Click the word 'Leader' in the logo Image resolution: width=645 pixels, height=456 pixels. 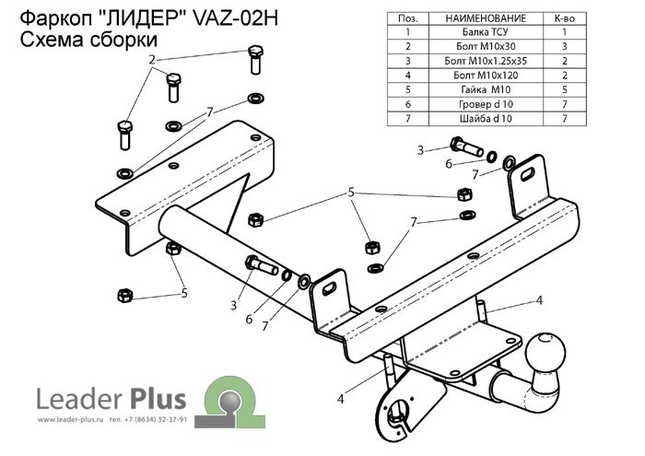pos(75,398)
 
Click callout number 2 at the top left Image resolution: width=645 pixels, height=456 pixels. pos(150,59)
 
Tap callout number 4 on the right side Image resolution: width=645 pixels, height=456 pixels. pos(540,299)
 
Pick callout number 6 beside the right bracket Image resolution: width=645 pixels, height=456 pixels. pos(449,164)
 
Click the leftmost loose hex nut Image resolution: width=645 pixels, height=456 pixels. pos(125,294)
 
